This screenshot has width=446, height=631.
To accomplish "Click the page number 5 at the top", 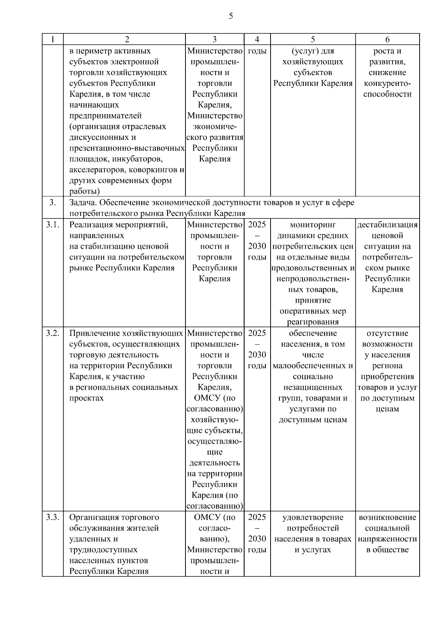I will (x=231, y=16).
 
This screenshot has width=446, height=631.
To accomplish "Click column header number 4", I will (x=257, y=39).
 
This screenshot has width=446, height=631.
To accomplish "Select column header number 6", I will (x=387, y=39).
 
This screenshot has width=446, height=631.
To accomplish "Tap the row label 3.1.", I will (x=53, y=225).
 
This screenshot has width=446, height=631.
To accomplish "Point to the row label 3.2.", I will (x=53, y=333).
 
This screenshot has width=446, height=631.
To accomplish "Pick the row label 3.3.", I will (x=53, y=517).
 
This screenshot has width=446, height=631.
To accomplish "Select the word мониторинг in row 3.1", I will (x=313, y=225).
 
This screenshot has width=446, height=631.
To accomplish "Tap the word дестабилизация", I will (x=387, y=225).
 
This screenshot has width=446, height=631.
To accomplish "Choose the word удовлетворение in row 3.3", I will (x=313, y=517).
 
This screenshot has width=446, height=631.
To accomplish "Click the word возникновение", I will (x=387, y=517).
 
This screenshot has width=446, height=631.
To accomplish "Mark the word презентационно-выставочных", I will (x=127, y=148).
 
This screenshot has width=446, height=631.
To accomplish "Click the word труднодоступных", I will (x=103, y=550).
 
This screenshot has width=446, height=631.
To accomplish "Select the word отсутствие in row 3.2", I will (x=387, y=333).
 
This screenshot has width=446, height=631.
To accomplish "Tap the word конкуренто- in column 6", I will (x=387, y=83).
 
